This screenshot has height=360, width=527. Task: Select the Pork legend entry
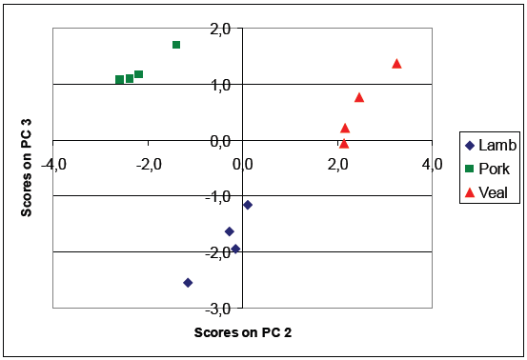[489, 170]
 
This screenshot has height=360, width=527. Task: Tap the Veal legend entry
[489, 193]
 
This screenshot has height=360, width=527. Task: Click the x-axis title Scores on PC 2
[242, 333]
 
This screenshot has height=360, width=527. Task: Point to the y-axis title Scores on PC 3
[30, 168]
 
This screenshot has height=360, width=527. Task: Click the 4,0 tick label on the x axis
[432, 164]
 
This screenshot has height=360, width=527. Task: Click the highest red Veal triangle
[396, 64]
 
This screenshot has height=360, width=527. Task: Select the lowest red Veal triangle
[344, 144]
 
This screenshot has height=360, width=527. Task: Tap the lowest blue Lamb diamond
[188, 282]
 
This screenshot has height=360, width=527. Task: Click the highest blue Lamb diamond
[248, 205]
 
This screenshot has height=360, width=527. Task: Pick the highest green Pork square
[176, 45]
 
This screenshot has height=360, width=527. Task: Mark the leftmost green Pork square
[119, 80]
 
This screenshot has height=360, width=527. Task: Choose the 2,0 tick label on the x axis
[337, 164]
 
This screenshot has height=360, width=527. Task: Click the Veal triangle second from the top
[359, 97]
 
